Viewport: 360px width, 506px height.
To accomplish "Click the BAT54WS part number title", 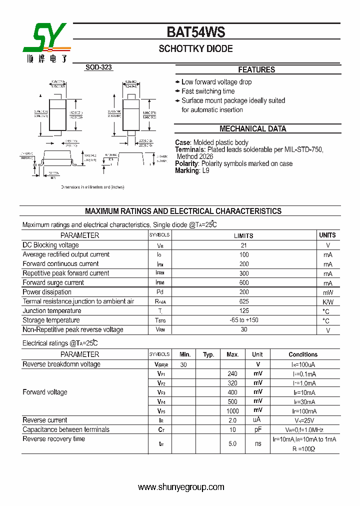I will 195,32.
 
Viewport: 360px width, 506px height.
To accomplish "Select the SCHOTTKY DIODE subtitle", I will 195,49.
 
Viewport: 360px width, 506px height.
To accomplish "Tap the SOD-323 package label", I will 98,67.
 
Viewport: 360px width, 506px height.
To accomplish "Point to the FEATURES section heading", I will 256,70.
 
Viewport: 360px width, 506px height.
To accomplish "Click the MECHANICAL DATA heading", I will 252,129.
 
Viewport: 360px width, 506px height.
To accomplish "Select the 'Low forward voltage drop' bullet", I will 216,82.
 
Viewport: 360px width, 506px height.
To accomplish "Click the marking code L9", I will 205,170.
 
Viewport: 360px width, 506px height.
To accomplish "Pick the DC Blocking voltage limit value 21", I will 243,245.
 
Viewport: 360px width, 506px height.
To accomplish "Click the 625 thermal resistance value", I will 243,301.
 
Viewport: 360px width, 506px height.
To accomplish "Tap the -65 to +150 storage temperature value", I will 243,320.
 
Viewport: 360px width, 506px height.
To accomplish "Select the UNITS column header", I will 327,235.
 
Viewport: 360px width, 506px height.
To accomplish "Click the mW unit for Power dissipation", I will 327,292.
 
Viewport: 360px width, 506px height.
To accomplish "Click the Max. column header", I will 232,354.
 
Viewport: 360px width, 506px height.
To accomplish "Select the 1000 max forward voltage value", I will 232,411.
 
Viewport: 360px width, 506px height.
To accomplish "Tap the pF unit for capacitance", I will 257,429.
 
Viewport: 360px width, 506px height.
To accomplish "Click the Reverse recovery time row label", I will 54,439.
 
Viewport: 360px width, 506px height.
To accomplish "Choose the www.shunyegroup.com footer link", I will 181,487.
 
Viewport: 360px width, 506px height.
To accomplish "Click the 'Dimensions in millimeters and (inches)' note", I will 92,187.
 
